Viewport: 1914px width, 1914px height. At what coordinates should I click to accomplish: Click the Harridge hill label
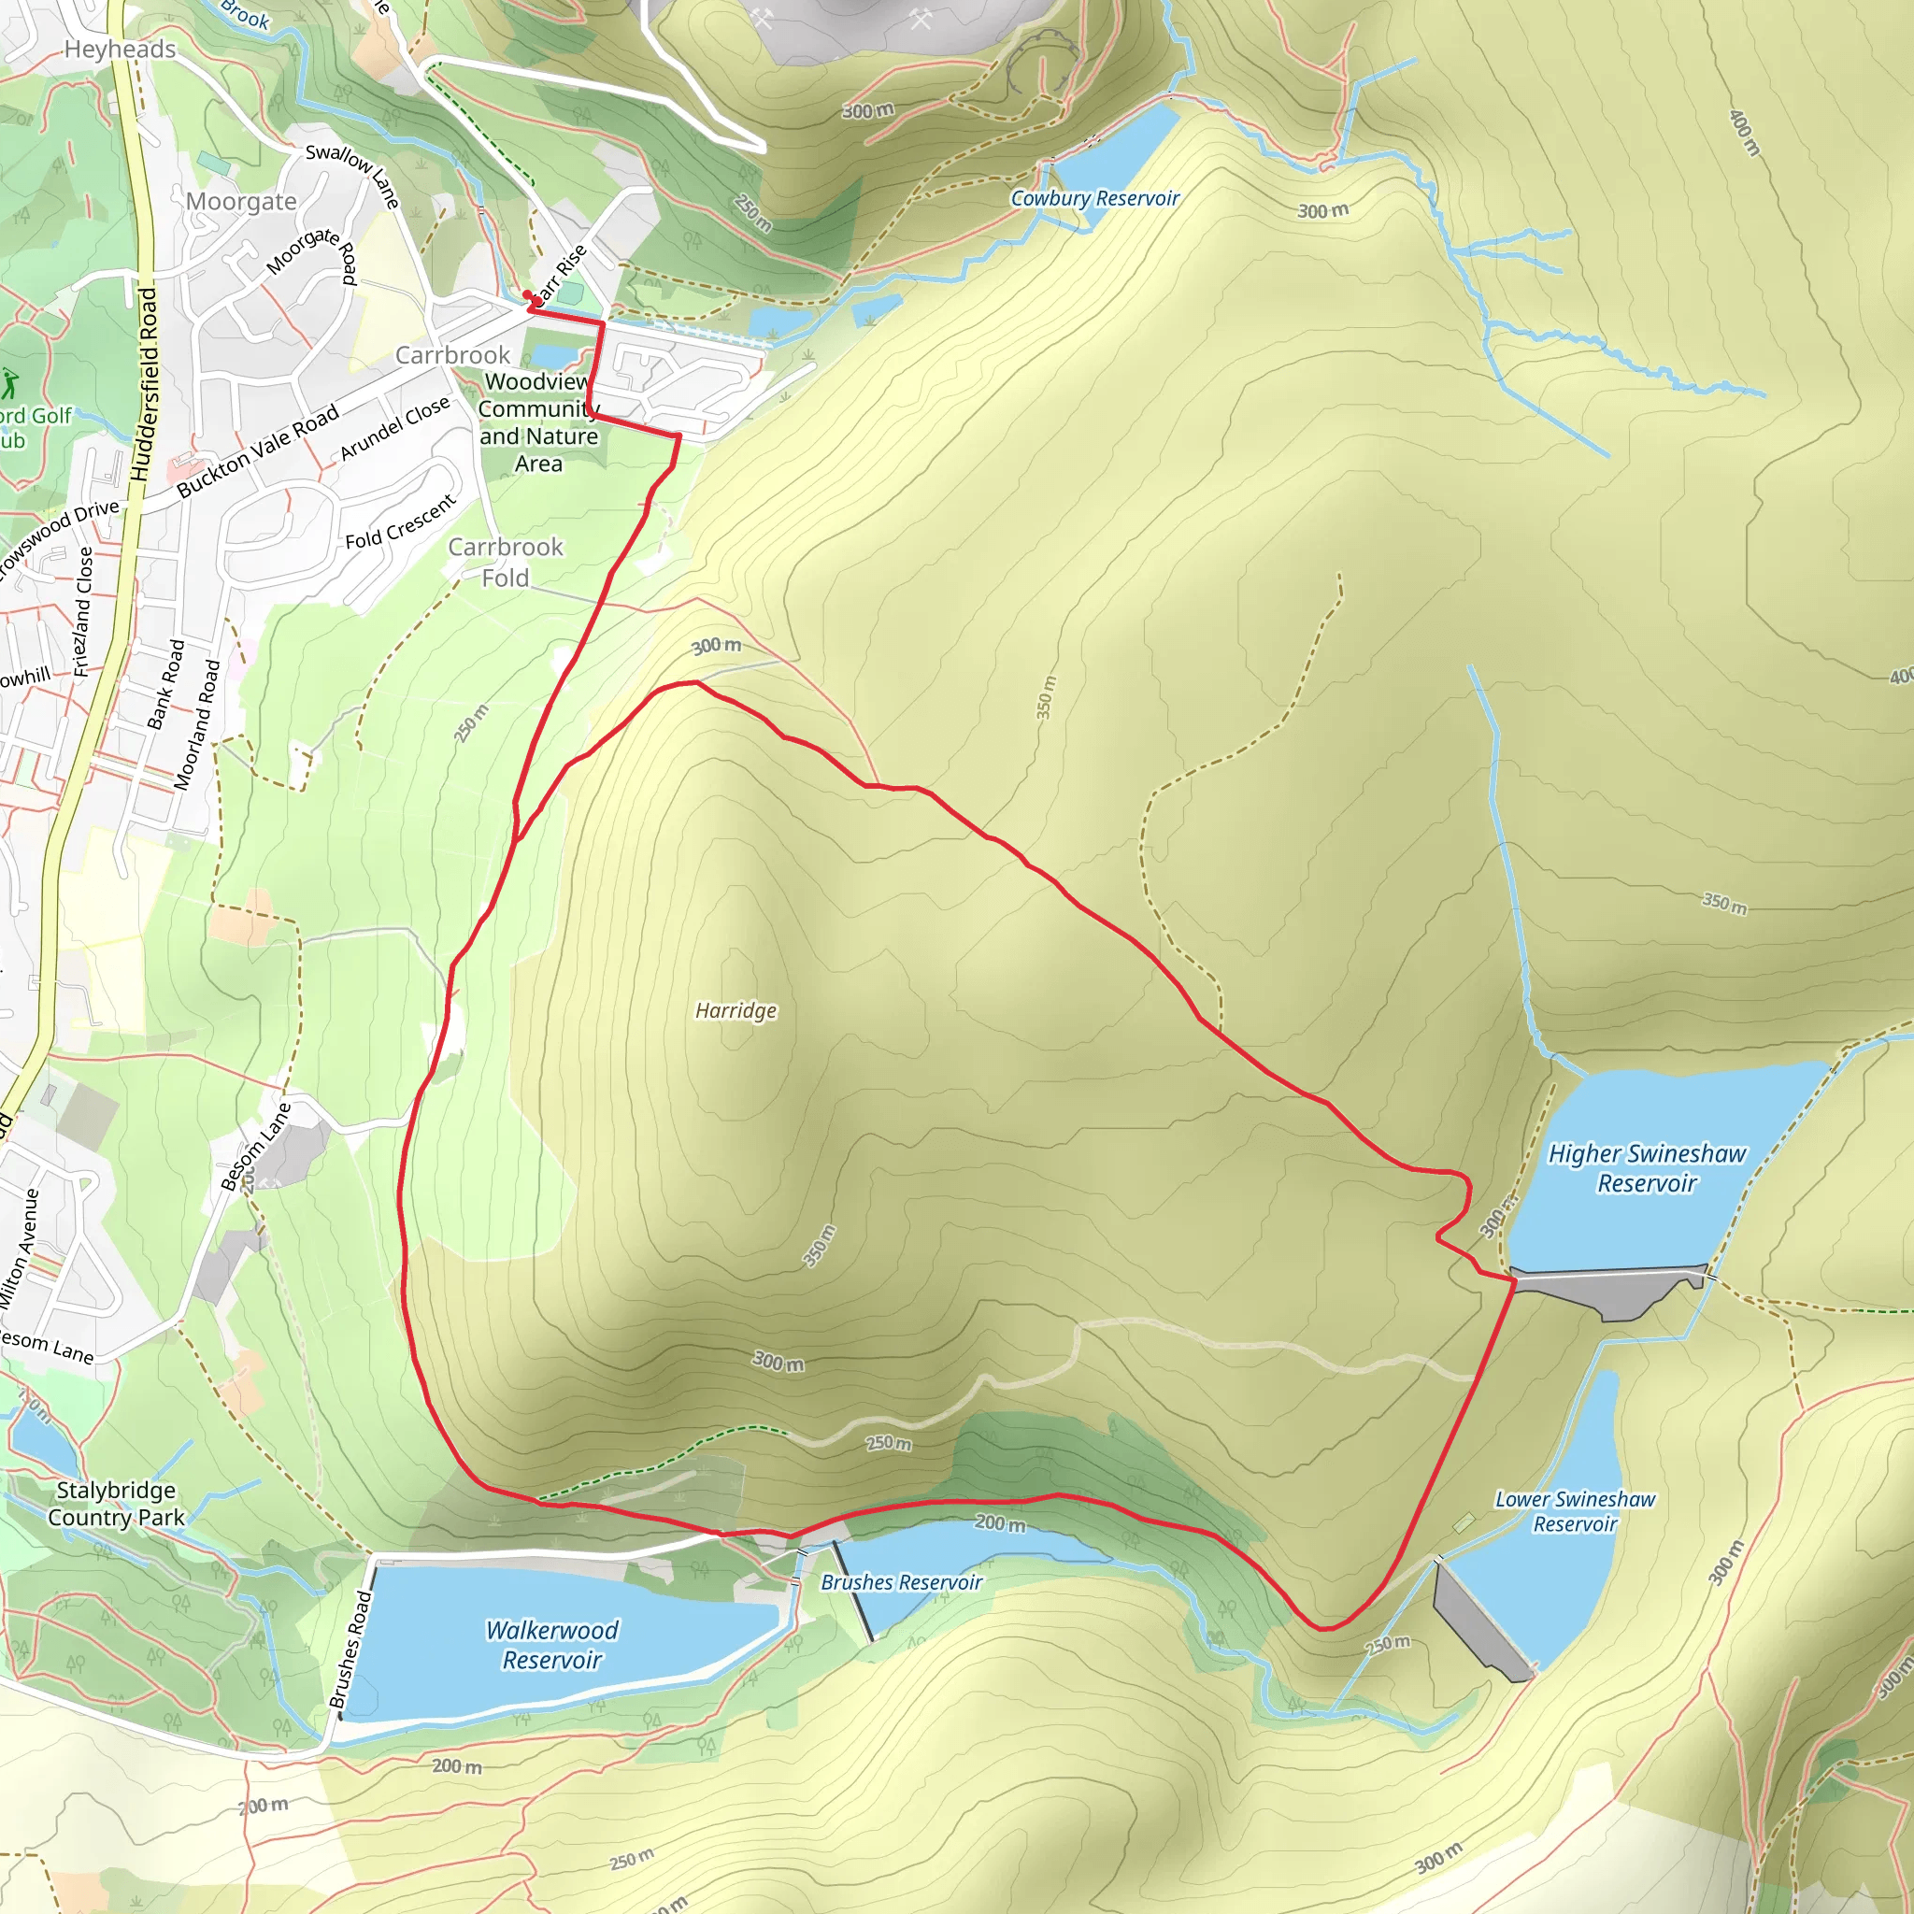(x=736, y=1010)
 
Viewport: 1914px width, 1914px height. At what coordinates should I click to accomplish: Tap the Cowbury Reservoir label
(x=1094, y=198)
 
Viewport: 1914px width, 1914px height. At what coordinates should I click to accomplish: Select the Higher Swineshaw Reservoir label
(x=1647, y=1168)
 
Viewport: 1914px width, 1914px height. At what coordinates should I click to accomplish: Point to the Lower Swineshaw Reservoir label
(x=1574, y=1511)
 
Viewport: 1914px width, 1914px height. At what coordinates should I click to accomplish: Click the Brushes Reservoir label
(x=901, y=1582)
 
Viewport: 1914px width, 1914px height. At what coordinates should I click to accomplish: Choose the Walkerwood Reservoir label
(x=551, y=1645)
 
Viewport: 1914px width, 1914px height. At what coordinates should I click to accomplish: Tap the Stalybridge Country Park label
(x=116, y=1504)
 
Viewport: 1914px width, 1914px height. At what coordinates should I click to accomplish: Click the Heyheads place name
(x=120, y=50)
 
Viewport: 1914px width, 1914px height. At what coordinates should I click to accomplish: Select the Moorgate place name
(x=241, y=202)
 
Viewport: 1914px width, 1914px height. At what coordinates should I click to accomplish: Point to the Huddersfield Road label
(x=146, y=384)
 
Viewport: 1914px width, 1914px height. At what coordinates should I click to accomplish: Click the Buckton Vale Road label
(x=258, y=450)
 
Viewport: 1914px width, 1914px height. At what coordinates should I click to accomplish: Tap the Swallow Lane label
(x=352, y=175)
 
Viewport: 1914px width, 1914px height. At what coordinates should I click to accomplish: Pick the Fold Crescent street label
(x=400, y=522)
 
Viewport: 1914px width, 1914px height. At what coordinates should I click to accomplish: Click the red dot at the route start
(x=528, y=294)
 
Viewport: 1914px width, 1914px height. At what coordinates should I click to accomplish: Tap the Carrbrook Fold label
(x=506, y=562)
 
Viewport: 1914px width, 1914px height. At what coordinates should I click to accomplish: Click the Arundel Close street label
(x=394, y=428)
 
